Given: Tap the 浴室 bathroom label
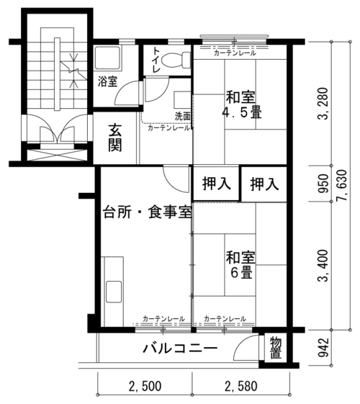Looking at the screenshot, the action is pos(107,81).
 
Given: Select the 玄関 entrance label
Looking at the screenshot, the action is pos(115,138).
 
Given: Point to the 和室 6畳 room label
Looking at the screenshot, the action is pos(240,264).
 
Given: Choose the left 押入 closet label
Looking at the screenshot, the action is pos(216,184).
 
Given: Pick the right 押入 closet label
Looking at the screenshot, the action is pos(264,184).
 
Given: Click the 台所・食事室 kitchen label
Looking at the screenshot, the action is pos(148,212).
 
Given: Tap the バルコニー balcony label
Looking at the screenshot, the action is pos(180,349).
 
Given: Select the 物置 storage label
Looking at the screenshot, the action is pos(276,348).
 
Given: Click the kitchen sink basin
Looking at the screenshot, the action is pos(114,292).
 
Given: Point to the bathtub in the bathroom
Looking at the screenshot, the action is pos(107,58).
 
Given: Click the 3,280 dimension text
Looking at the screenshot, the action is pos(323,104).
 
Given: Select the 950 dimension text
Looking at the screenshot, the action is pos(323,184).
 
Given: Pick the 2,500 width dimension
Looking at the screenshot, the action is pos(145,386).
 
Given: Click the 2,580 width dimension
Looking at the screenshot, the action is pos(241,386).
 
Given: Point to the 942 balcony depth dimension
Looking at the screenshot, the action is pos(323,348).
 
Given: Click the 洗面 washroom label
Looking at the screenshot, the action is pos(183,116).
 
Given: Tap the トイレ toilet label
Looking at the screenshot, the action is pos(156,60).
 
